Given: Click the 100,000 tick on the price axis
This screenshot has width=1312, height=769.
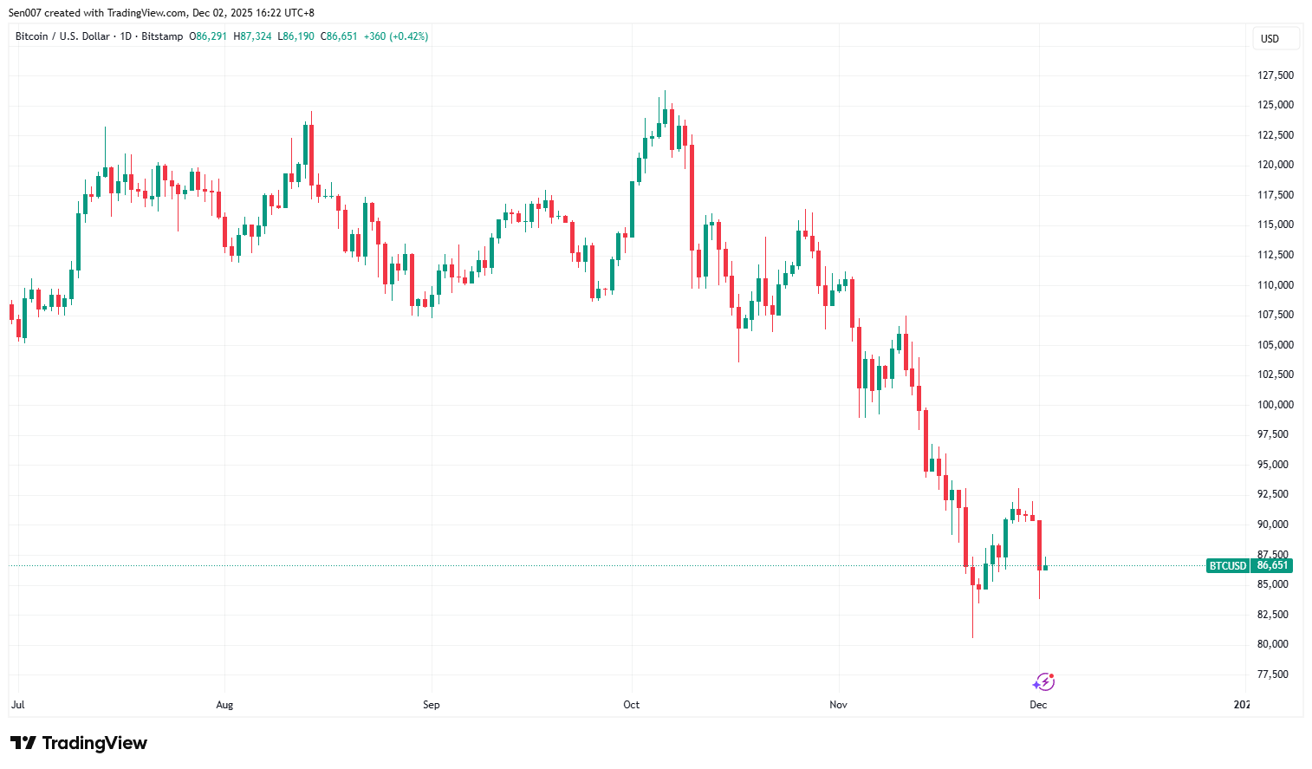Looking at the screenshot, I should [1275, 405].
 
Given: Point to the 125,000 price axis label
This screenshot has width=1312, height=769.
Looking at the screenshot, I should [1275, 105].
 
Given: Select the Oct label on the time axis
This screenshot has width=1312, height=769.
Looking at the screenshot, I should [631, 705].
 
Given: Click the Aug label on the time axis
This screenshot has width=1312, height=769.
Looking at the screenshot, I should [224, 705].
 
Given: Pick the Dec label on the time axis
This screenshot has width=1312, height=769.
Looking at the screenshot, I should [1038, 705].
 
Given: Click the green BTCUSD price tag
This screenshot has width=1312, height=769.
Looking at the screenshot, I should [1227, 566].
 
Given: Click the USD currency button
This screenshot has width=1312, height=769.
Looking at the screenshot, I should [1275, 39].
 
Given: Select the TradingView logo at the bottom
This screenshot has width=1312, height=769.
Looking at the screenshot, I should [79, 743].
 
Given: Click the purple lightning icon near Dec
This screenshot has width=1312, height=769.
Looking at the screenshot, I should [1043, 682].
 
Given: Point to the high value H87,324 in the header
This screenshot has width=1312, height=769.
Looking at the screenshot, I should [252, 36].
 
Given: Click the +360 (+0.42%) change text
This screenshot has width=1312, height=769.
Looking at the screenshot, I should [396, 36].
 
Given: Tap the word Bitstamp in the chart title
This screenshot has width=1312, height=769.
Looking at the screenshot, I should [162, 36].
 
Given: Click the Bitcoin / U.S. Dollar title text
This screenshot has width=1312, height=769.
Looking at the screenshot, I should [62, 36].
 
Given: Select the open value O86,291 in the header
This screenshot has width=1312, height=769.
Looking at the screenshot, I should [208, 36].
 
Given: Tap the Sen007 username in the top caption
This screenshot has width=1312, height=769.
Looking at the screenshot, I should [25, 13].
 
